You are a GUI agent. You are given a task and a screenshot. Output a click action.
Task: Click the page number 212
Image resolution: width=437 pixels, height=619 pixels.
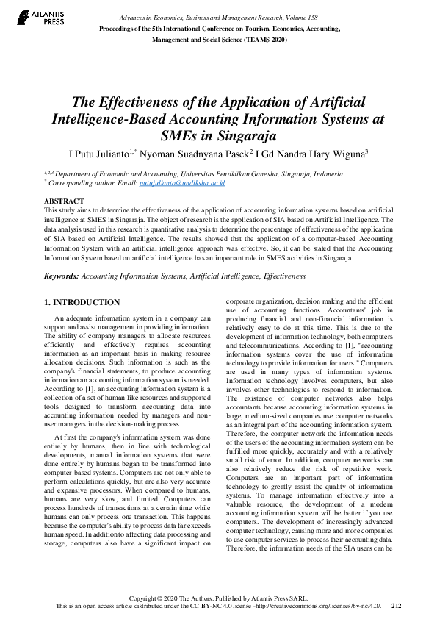397,606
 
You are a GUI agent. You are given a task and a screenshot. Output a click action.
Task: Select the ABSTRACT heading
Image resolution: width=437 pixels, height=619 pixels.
64,201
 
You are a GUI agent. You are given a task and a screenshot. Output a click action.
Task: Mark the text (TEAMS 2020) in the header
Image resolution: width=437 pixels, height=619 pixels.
266,41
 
